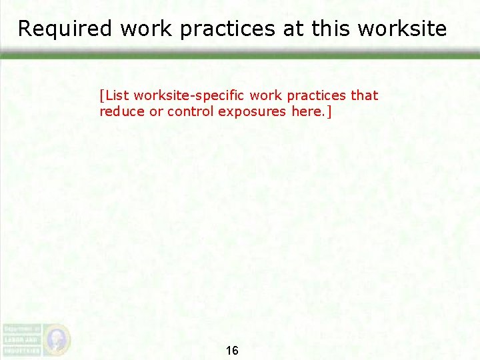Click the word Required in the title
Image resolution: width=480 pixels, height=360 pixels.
pos(56,29)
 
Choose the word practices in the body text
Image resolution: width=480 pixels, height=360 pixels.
pos(317,95)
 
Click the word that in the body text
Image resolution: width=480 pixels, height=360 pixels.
pos(364,95)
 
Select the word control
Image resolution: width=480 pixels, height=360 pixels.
pos(191,111)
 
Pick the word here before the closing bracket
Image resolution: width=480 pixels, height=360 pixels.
pos(307,111)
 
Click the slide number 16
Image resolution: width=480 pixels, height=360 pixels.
pos(232,351)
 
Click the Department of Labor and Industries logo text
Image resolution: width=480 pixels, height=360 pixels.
pos(21,339)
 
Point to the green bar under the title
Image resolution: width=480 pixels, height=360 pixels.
pos(240,56)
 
